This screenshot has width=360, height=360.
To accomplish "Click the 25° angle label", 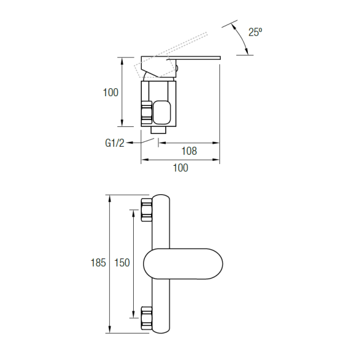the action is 255,32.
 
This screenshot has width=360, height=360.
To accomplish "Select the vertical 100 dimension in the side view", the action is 110,92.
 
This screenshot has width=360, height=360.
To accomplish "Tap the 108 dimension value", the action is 189,151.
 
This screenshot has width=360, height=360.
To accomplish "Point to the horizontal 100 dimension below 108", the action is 181,168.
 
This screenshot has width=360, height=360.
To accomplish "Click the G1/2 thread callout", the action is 115,143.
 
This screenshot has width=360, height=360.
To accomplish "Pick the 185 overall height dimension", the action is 98,263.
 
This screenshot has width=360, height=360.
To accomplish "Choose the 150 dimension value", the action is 122,263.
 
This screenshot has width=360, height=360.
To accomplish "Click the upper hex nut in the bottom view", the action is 147,210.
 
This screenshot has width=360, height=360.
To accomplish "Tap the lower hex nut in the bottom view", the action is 147,318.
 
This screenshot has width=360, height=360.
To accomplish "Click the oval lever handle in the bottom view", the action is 183,264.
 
